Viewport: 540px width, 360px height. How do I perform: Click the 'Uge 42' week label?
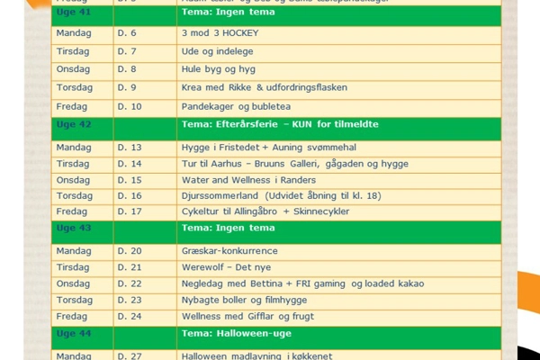pyautogui.click(x=74, y=124)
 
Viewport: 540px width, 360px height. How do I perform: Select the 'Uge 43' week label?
pyautogui.click(x=74, y=228)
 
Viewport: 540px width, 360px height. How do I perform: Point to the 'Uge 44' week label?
pyautogui.click(x=74, y=333)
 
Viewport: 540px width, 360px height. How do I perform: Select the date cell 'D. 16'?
pyautogui.click(x=130, y=195)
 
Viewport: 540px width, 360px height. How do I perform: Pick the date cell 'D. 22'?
pyautogui.click(x=130, y=283)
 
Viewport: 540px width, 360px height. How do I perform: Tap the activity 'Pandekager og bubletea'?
pyautogui.click(x=233, y=107)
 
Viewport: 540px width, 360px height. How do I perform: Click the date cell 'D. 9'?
pyautogui.click(x=128, y=87)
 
